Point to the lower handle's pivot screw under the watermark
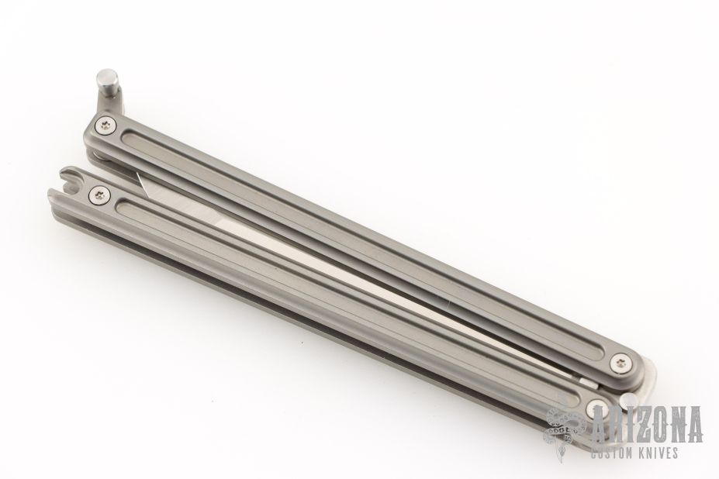click(x=597, y=408)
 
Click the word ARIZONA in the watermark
click(x=648, y=422)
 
